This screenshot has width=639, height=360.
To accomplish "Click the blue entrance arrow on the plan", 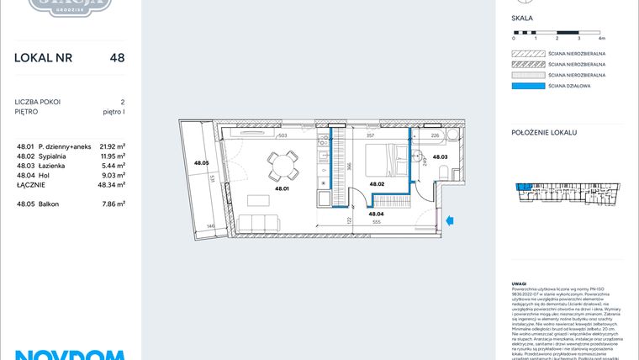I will [x=449, y=221].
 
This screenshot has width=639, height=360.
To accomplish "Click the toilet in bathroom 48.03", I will [x=455, y=172].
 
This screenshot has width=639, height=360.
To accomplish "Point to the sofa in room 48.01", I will [x=261, y=223].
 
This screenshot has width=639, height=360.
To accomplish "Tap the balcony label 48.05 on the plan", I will [x=201, y=162].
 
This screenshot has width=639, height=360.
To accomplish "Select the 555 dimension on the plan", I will [x=377, y=223].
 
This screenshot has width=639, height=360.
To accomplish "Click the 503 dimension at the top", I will [x=283, y=135].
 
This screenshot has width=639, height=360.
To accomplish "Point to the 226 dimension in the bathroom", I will [x=435, y=135].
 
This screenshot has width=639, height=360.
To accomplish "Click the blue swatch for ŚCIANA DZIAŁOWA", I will [x=525, y=85].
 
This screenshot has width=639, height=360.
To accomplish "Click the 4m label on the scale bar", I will [x=601, y=39].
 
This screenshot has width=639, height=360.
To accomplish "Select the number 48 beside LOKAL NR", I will [x=117, y=58].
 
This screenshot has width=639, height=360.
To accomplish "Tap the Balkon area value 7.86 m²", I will [x=113, y=204].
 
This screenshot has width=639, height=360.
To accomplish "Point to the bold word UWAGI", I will [x=519, y=284].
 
